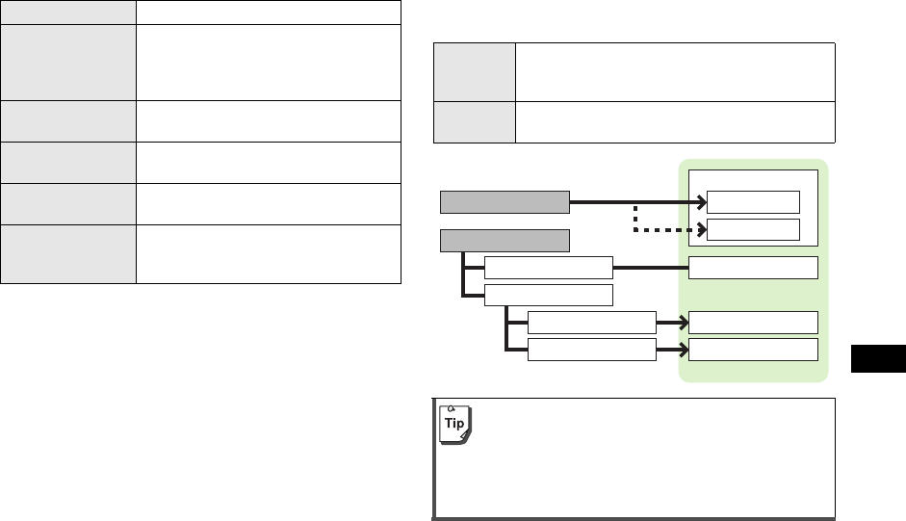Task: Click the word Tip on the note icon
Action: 452,424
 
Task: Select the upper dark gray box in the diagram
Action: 505,201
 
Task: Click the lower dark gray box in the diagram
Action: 505,238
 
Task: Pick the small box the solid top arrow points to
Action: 754,201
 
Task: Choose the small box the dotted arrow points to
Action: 754,229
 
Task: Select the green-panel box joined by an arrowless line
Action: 754,267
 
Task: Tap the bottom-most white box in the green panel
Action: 754,349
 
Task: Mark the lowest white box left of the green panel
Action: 592,350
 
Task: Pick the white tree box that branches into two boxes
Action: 548,294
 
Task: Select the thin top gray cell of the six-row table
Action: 67,13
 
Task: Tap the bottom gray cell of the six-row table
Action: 67,254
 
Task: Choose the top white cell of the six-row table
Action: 268,13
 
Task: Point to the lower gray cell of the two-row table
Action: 474,120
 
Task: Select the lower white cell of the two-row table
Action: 674,120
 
